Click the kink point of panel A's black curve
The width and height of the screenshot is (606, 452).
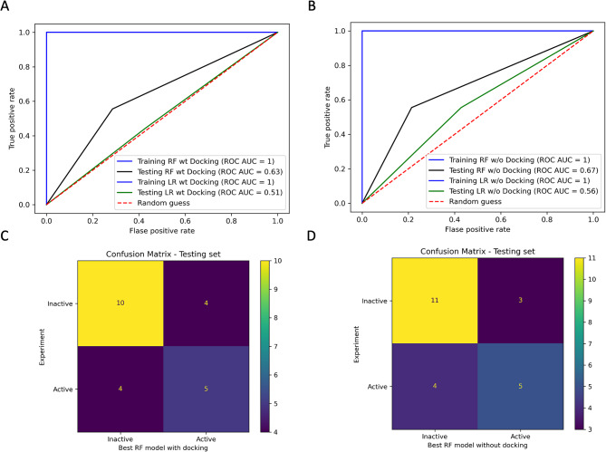pos(112,110)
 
